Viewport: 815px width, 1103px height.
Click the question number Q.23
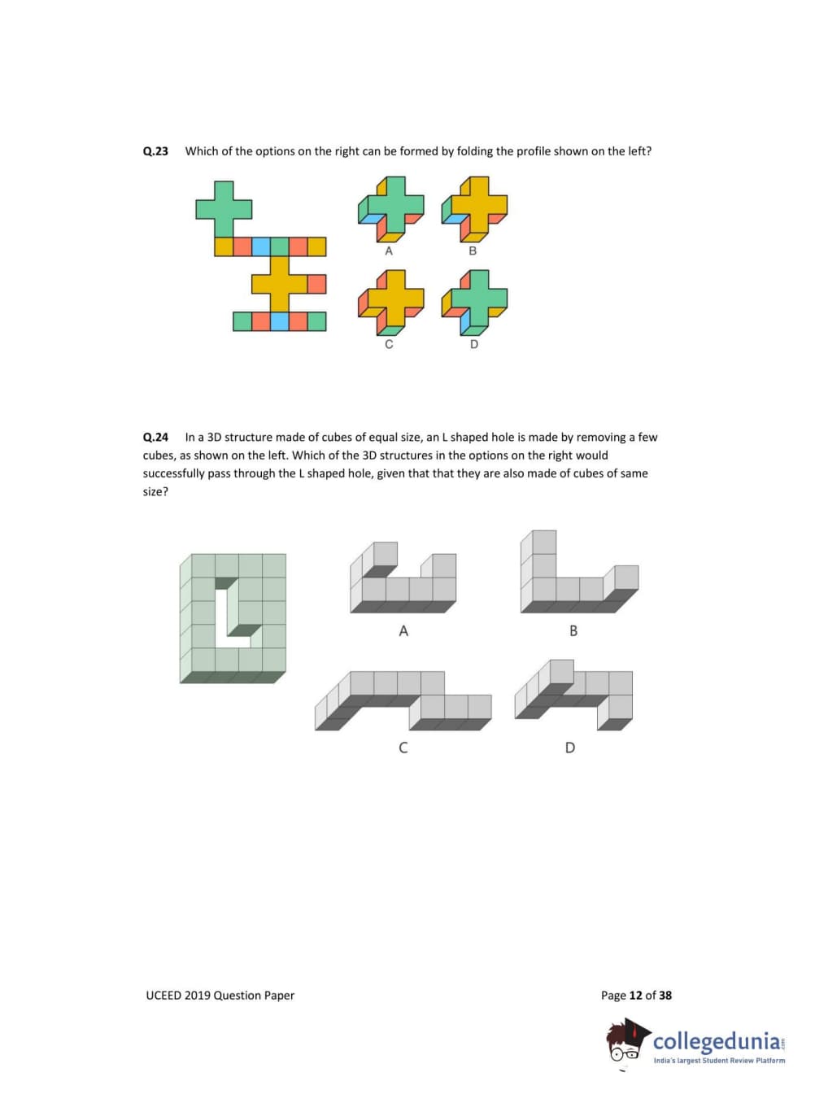[155, 151]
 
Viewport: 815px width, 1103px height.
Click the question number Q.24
[155, 437]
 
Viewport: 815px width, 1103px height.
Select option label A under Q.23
[389, 251]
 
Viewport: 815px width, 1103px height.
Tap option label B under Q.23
[473, 251]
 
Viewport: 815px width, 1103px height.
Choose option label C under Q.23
[389, 344]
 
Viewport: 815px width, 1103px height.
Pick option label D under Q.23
[474, 344]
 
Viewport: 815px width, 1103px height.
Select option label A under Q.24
[403, 631]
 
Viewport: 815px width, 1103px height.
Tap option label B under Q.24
[573, 631]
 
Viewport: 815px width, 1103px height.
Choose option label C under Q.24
[403, 748]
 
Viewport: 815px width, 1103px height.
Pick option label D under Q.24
[570, 748]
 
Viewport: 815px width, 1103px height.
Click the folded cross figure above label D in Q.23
[474, 303]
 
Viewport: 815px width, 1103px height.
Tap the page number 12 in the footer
[635, 995]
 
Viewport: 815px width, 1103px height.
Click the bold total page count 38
[665, 995]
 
